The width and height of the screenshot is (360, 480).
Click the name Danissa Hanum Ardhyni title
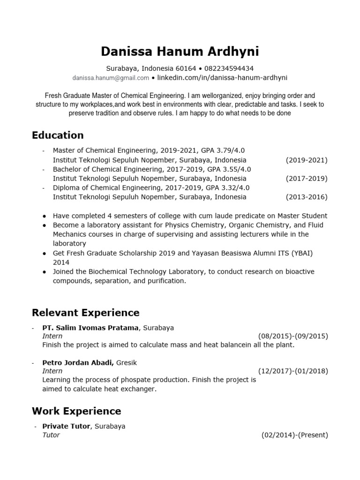(x=180, y=51)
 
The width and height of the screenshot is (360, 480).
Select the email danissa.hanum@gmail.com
(x=111, y=78)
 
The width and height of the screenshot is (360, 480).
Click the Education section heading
(x=58, y=135)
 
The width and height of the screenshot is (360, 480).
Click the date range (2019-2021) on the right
(x=307, y=160)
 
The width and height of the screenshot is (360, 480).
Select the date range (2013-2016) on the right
(x=307, y=197)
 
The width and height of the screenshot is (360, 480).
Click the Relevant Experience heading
(x=86, y=313)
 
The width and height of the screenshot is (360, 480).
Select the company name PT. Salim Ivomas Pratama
(x=90, y=328)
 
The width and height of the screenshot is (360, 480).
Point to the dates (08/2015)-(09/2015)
(x=293, y=336)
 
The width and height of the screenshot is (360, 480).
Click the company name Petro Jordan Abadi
(x=78, y=363)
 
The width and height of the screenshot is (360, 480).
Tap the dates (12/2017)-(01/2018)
(x=293, y=371)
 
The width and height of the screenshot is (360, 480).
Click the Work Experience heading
(x=76, y=411)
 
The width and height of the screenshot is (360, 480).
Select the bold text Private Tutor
(x=66, y=427)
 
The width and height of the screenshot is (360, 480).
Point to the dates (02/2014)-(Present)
(x=294, y=435)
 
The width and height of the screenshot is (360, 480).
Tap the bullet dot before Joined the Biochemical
(x=44, y=272)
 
